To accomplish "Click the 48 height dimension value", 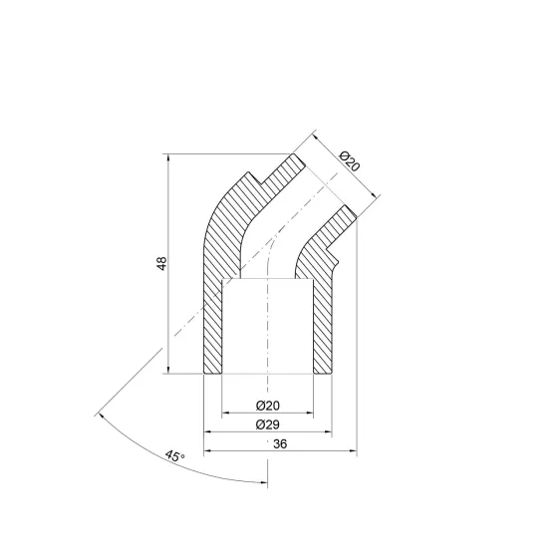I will (x=161, y=263).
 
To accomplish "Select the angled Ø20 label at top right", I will (x=349, y=162).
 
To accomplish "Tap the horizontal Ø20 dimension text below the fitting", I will (x=266, y=406).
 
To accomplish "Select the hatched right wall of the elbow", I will (x=322, y=319).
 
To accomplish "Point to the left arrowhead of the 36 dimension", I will (x=208, y=451).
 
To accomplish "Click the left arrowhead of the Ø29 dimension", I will (x=208, y=431).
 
